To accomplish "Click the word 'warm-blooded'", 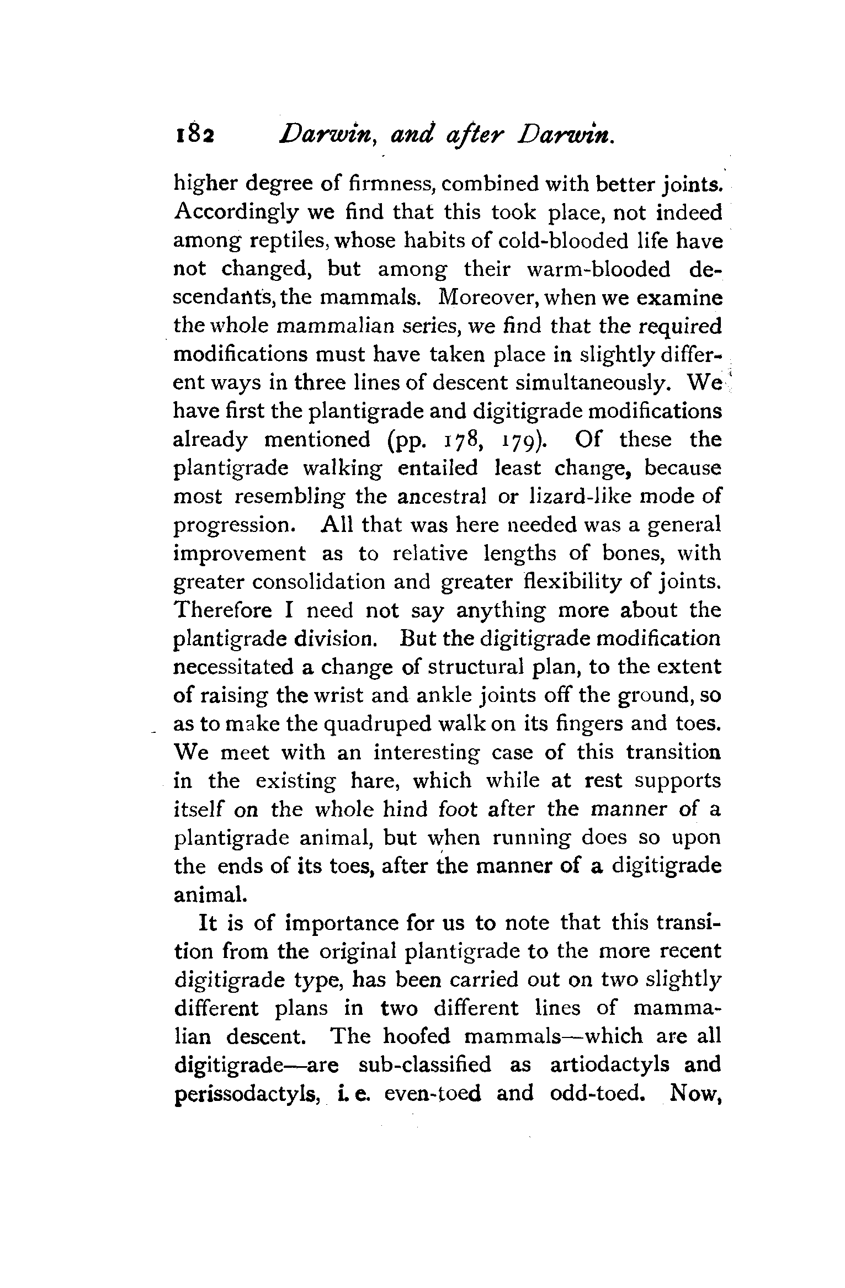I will pyautogui.click(x=599, y=270).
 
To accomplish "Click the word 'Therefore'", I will pyautogui.click(x=223, y=610).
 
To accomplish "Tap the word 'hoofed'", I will pyautogui.click(x=417, y=1036).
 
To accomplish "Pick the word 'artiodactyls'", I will pyautogui.click(x=608, y=1065).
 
